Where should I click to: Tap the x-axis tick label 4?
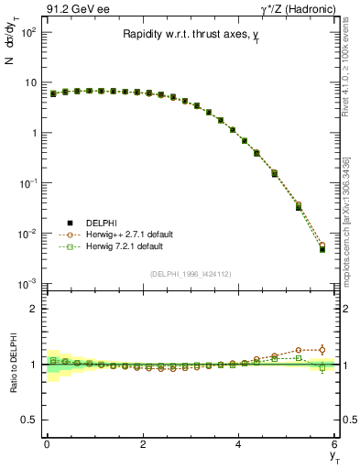click(239, 444)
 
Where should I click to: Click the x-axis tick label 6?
click(334, 444)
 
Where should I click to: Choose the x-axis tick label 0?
click(47, 444)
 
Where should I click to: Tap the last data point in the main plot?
click(322, 249)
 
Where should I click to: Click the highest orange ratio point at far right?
click(322, 349)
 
